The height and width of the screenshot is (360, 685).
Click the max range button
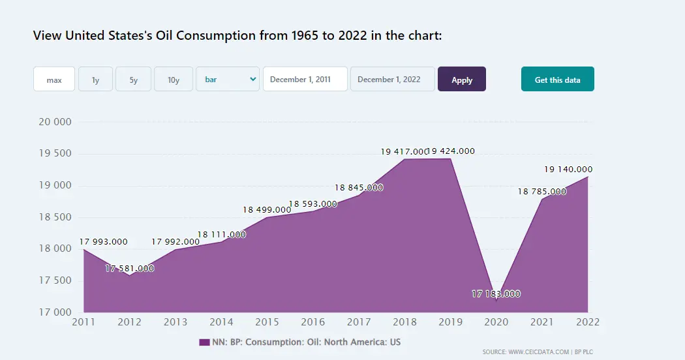point(54,80)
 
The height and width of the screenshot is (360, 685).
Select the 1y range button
point(95,80)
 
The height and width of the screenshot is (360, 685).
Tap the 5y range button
point(133,80)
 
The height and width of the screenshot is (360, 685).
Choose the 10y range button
point(173,80)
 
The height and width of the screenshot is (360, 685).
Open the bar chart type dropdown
point(228,80)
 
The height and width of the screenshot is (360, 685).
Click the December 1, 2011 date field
point(305,80)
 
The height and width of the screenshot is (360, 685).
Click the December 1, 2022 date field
point(392,80)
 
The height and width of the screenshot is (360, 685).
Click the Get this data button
point(557,80)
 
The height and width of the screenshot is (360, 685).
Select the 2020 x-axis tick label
point(496,322)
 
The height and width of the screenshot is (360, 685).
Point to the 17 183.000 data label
point(496,294)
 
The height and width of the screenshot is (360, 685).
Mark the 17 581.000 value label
point(130,269)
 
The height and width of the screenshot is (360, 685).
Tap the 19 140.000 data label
point(568,170)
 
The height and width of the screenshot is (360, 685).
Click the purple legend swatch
point(204,342)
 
